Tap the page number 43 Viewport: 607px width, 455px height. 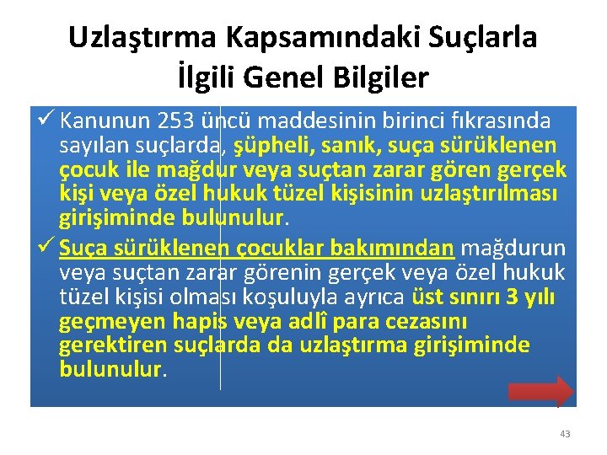click(x=564, y=434)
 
